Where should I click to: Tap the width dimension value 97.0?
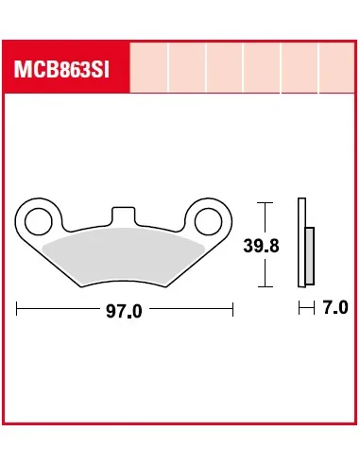124,310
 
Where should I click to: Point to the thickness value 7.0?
334,308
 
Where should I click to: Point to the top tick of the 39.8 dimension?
267,202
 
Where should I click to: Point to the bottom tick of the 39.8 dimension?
267,286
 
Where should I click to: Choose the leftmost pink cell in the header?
149,69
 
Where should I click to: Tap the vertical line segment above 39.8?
267,219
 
